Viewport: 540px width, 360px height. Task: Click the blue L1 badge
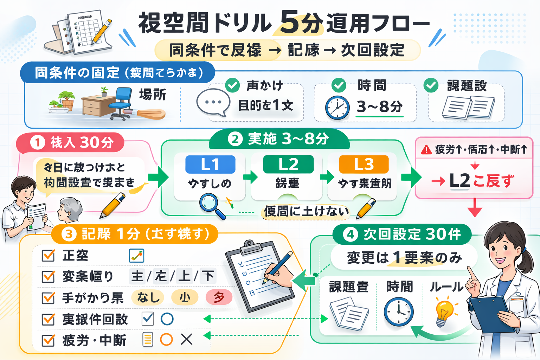pos(210,165)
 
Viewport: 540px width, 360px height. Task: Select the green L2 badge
pos(288,164)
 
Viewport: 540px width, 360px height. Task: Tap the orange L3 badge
pos(364,164)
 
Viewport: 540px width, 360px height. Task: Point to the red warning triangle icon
pos(426,150)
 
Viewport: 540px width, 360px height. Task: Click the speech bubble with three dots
pos(213,102)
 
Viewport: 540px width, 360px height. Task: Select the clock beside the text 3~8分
pos(337,107)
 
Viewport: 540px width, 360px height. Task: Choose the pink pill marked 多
pos(219,297)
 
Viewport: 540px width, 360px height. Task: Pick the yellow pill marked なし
pos(148,297)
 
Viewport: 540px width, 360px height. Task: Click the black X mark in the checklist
pos(186,340)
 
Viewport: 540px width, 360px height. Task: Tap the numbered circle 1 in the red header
pos(37,142)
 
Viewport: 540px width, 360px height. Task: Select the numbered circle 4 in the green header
pos(350,234)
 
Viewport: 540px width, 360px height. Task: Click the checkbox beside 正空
pos(48,256)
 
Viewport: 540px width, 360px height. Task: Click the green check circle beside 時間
pos(339,85)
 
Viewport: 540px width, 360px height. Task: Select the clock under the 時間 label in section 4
pos(398,311)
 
